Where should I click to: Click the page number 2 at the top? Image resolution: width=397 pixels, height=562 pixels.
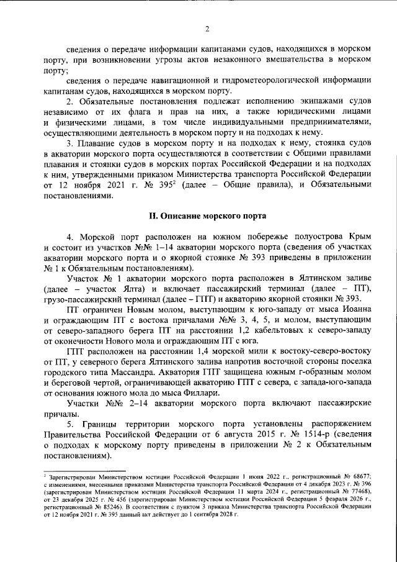(x=207, y=27)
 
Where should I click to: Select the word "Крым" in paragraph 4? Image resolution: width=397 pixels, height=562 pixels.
(x=359, y=237)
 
